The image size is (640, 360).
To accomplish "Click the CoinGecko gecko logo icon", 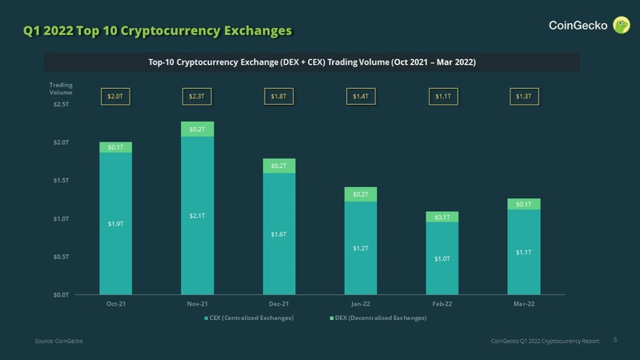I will [x=621, y=25].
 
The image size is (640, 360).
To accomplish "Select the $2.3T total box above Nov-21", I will [x=197, y=97].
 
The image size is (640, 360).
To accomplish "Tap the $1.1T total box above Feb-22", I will [x=443, y=97].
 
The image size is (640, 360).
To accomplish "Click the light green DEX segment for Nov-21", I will [x=197, y=129].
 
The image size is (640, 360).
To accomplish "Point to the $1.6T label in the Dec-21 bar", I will [x=279, y=234].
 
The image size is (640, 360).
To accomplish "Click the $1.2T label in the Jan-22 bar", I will [x=361, y=249].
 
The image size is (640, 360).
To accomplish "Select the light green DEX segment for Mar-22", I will [x=524, y=204].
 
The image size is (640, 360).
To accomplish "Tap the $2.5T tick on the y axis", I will [x=61, y=105].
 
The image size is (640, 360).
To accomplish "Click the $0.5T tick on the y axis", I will [x=61, y=256].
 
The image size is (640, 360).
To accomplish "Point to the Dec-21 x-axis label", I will [x=279, y=304].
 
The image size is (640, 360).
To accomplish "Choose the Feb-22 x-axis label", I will [x=442, y=304].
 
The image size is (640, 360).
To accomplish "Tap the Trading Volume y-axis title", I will [x=61, y=88].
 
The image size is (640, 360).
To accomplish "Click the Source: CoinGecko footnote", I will [x=59, y=341].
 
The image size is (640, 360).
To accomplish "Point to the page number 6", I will [x=615, y=340].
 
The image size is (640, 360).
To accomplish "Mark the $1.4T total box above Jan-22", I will [x=361, y=97].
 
